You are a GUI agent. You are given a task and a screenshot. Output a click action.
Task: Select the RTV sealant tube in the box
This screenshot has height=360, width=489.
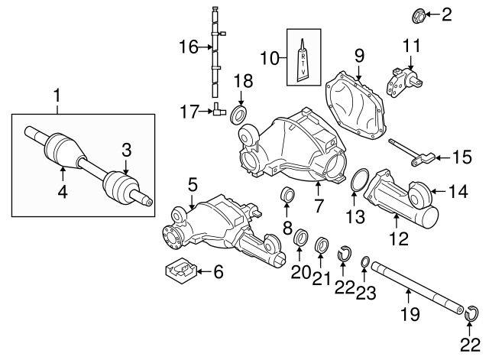pyautogui.click(x=303, y=60)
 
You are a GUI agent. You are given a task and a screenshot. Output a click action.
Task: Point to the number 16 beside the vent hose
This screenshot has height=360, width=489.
pyautogui.click(x=188, y=48)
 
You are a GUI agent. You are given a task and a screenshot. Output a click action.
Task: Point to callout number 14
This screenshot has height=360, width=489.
pyautogui.click(x=458, y=193)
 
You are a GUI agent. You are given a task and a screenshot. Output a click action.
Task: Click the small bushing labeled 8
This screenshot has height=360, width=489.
pyautogui.click(x=290, y=196)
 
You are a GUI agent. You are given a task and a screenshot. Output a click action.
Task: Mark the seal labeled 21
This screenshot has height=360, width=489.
pyautogui.click(x=322, y=246)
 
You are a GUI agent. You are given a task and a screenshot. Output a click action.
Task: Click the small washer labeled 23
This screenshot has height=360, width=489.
pyautogui.click(x=365, y=263)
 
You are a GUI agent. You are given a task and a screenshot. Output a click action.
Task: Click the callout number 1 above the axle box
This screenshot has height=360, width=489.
pyautogui.click(x=55, y=96)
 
